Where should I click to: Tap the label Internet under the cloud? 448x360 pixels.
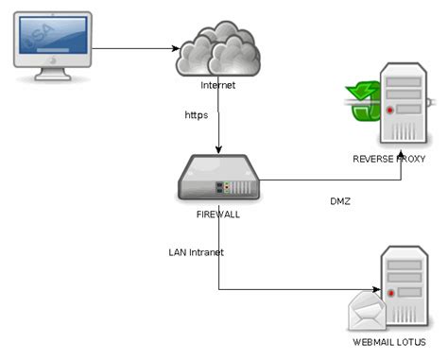[x=217, y=86]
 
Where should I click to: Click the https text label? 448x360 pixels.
[x=197, y=115]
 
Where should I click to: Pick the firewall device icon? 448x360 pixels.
[x=218, y=178]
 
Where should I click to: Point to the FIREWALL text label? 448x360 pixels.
[x=218, y=214]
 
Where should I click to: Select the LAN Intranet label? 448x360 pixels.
[x=196, y=252]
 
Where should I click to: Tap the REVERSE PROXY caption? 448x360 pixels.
[x=391, y=158]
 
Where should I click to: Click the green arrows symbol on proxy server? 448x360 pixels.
[x=363, y=103]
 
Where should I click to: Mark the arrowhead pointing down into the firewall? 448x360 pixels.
[x=219, y=148]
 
